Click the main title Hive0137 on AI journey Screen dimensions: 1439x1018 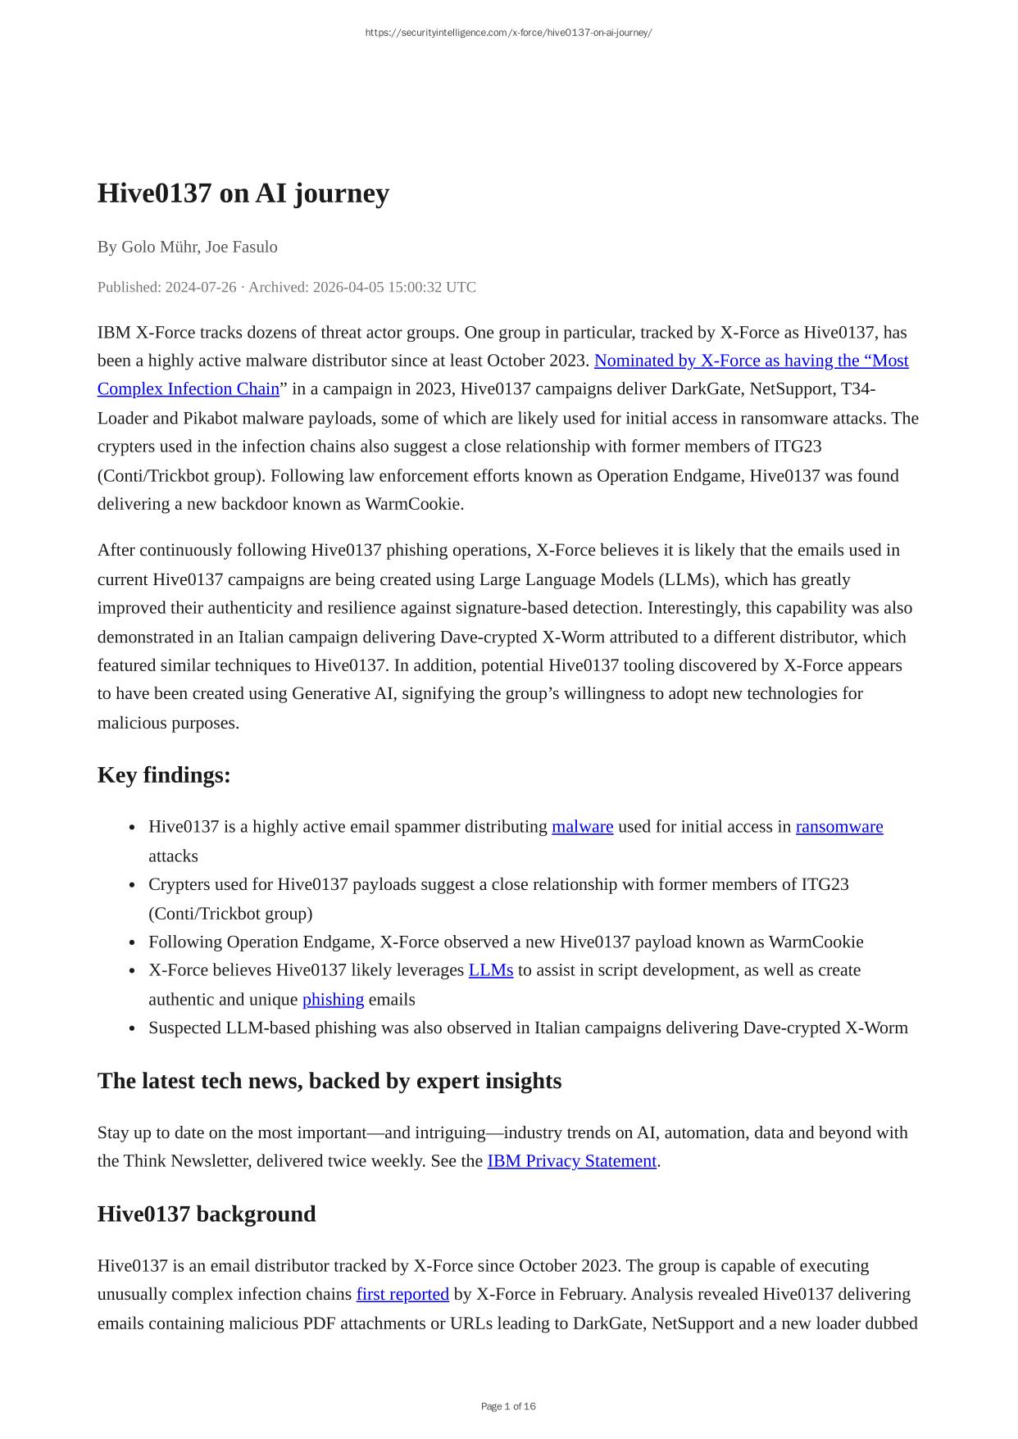tap(243, 193)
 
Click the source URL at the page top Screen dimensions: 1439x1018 tap(508, 33)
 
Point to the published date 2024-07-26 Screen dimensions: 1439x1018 tap(200, 287)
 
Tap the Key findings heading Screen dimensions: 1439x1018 tap(164, 774)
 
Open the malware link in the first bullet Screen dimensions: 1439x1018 tap(582, 827)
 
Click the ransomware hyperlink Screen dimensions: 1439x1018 tap(838, 827)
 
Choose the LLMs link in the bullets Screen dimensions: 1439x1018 tap(490, 970)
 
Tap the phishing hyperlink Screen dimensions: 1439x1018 tap(333, 1000)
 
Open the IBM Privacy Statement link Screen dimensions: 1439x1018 tap(571, 1161)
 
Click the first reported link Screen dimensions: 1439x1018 tap(402, 1294)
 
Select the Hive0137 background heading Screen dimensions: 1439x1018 tap(207, 1214)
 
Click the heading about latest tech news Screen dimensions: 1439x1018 tap(329, 1081)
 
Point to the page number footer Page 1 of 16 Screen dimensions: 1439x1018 tap(508, 1406)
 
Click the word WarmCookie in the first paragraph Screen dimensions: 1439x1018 tap(413, 504)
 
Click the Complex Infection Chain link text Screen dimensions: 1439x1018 tap(189, 389)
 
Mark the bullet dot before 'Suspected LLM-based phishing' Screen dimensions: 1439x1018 tap(132, 1028)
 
